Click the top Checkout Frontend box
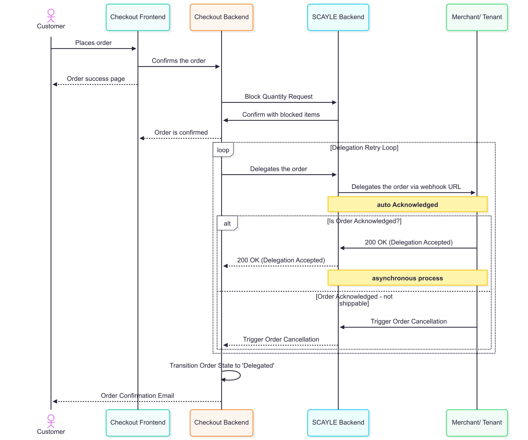[138, 17]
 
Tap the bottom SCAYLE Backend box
[338, 422]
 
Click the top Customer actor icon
[51, 16]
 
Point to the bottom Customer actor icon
[51, 421]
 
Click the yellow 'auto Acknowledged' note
[407, 204]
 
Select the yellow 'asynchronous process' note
[407, 278]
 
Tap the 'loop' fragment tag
[223, 150]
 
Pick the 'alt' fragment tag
[227, 223]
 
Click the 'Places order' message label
[93, 43]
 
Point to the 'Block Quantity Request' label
[279, 97]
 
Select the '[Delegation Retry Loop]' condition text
[364, 148]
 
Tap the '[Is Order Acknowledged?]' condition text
[364, 221]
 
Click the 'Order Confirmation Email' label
[137, 395]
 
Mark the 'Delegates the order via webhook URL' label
[406, 187]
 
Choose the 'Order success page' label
[96, 79]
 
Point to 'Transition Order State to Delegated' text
[222, 365]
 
